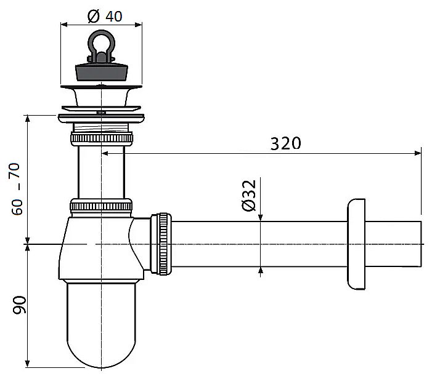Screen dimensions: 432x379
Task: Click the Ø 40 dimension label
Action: click(105, 16)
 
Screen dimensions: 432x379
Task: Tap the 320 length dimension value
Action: click(285, 143)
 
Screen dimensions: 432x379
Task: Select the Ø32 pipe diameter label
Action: click(249, 196)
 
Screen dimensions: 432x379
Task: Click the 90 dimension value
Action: click(19, 305)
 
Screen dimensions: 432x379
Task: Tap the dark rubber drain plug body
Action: click(102, 72)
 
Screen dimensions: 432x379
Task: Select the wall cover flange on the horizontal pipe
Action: click(356, 244)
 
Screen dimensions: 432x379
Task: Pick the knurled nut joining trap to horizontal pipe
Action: click(161, 244)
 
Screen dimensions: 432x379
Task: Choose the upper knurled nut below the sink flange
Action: click(102, 138)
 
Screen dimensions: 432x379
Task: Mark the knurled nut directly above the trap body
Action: click(101, 207)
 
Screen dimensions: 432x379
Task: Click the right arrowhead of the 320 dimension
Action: click(418, 153)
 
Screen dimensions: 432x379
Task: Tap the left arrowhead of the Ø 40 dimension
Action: click(64, 25)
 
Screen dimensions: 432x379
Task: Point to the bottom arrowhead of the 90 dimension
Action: click(27, 364)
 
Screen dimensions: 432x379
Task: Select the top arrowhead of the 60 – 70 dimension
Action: click(27, 119)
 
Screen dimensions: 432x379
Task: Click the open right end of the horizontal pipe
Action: click(421, 244)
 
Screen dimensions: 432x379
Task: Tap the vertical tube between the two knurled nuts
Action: click(102, 172)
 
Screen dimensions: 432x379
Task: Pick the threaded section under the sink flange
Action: click(101, 127)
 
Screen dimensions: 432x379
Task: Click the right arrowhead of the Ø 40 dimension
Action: click(139, 25)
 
